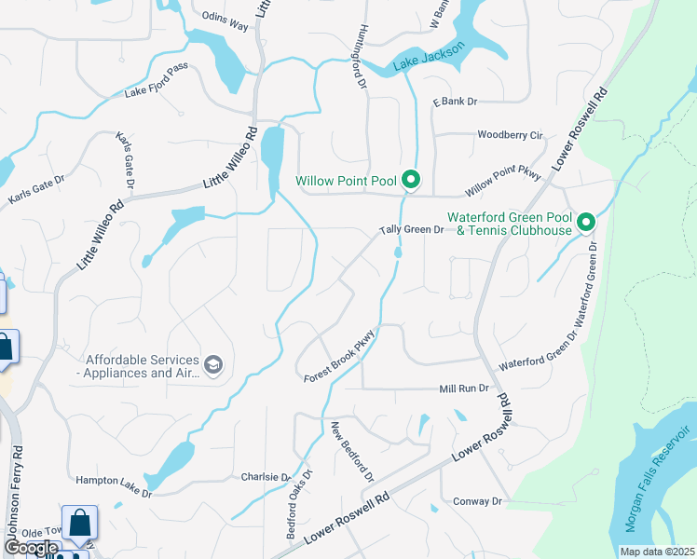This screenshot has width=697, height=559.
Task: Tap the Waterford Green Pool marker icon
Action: pyautogui.click(x=586, y=223)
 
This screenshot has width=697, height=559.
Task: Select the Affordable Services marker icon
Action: pyautogui.click(x=213, y=363)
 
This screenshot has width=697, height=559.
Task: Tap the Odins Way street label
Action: pyautogui.click(x=225, y=25)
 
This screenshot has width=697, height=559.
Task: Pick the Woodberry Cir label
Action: pyautogui.click(x=510, y=134)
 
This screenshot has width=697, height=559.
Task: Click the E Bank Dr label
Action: pyautogui.click(x=454, y=101)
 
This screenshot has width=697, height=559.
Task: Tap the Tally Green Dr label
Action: pyautogui.click(x=411, y=229)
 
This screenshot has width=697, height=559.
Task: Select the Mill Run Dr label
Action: pyautogui.click(x=464, y=388)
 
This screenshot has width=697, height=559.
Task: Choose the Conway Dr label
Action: pyautogui.click(x=478, y=501)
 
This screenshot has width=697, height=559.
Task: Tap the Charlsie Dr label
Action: pyautogui.click(x=266, y=477)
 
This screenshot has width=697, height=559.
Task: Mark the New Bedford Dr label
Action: pyautogui.click(x=352, y=451)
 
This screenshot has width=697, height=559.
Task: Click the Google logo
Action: pyautogui.click(x=30, y=548)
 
